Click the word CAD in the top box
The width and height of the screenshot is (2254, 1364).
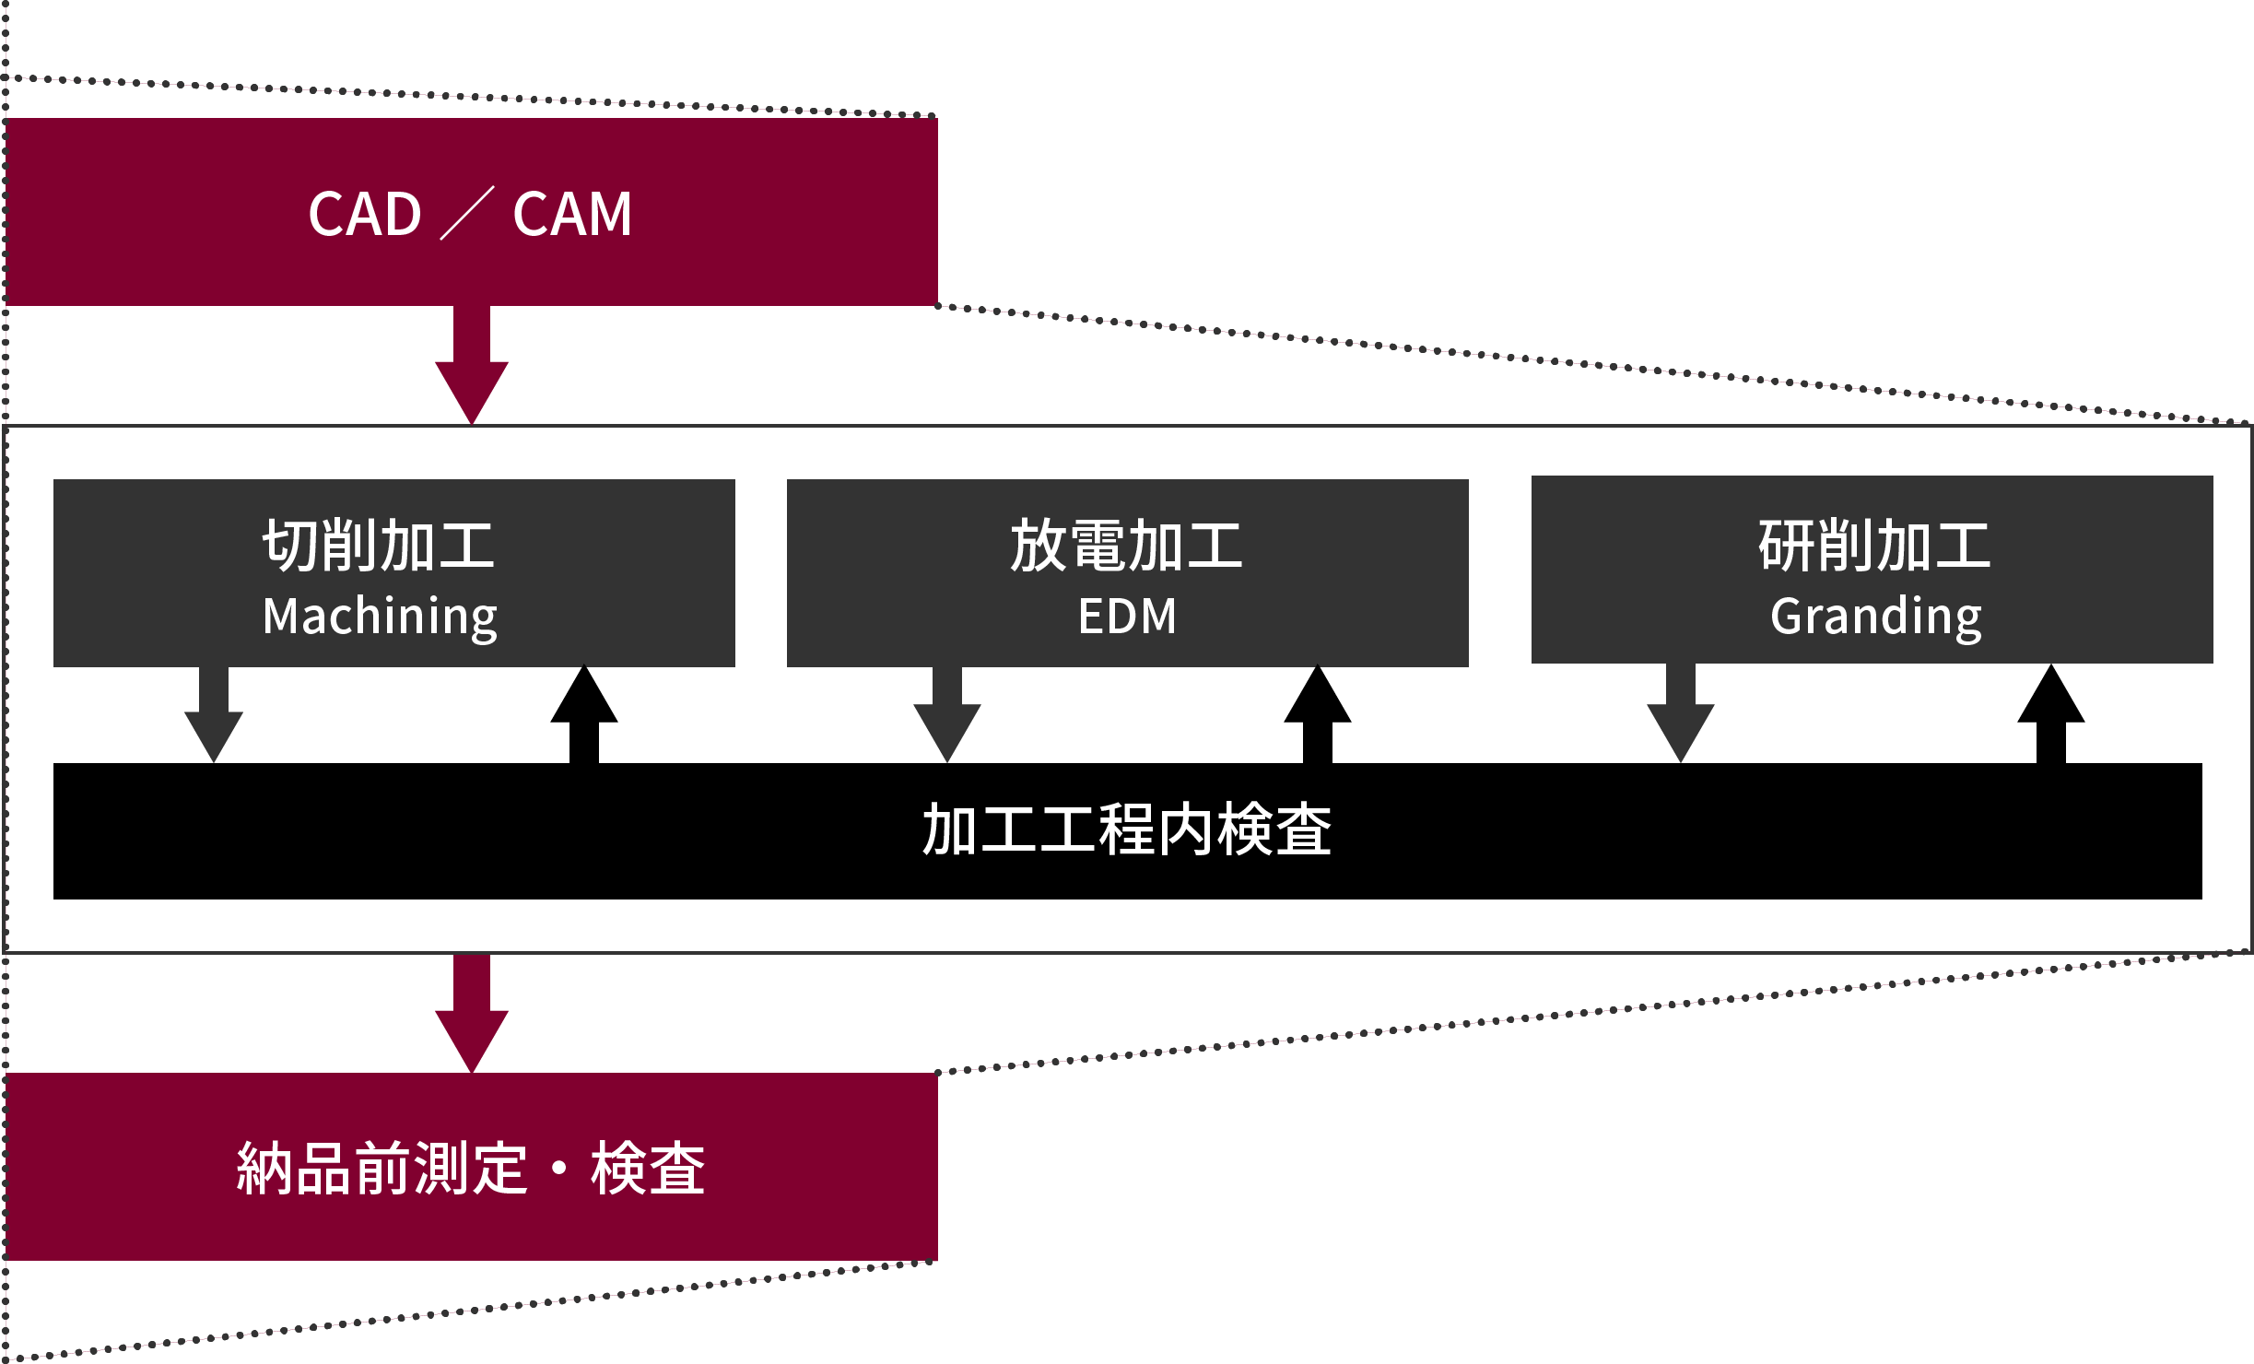tap(365, 214)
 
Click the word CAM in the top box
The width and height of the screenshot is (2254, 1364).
tap(572, 214)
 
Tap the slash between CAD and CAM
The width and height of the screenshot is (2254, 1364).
tap(467, 213)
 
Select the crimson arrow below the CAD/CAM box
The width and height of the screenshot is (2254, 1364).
tap(472, 369)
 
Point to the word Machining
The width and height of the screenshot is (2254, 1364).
tap(380, 617)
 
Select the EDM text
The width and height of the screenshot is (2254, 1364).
tap(1127, 617)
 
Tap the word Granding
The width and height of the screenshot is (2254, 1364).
tap(1875, 617)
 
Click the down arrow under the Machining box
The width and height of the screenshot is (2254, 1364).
tap(214, 719)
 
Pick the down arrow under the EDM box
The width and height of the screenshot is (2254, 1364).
tap(947, 719)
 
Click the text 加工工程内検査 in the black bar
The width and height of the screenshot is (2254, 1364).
tap(1127, 829)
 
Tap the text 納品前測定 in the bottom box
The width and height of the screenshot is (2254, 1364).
tap(382, 1169)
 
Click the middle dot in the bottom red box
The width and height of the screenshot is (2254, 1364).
tap(558, 1169)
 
